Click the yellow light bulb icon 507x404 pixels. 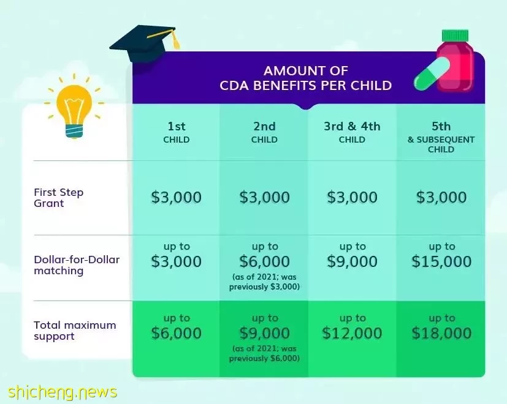[x=74, y=107]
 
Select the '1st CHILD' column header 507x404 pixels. [x=176, y=132]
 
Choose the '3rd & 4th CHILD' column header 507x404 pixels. [x=352, y=132]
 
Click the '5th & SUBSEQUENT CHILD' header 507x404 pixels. [x=441, y=137]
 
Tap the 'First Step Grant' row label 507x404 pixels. [x=58, y=198]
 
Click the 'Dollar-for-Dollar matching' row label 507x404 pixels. [x=77, y=265]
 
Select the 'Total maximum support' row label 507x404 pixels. [x=75, y=331]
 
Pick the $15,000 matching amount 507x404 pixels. [x=441, y=261]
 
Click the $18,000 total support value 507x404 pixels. [x=441, y=333]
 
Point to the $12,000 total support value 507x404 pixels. [x=352, y=333]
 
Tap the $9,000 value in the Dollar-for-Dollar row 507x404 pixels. [x=352, y=261]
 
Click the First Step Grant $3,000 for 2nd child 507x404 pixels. [x=264, y=197]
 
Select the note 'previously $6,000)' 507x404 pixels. [x=264, y=359]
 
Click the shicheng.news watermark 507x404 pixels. [x=63, y=392]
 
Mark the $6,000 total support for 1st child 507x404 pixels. [x=176, y=333]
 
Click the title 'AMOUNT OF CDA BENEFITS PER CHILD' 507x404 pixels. [x=305, y=78]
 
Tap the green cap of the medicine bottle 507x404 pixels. [x=456, y=36]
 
